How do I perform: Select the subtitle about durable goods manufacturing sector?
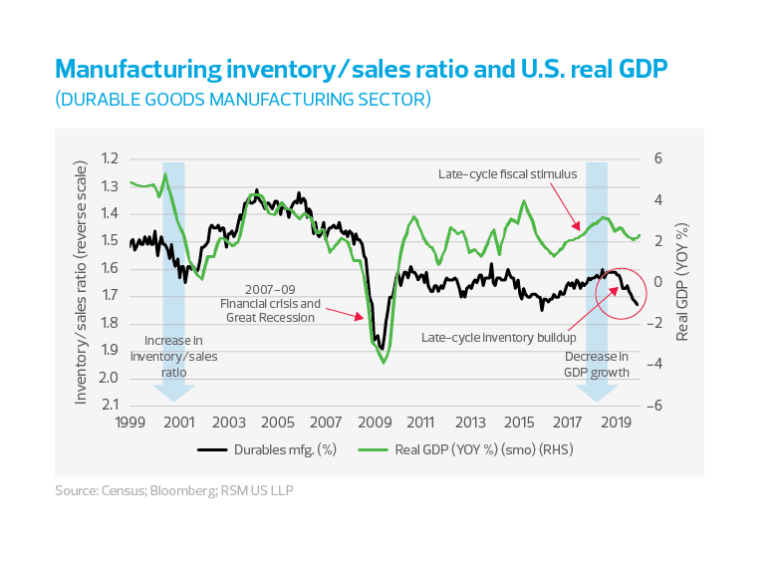pyautogui.click(x=243, y=100)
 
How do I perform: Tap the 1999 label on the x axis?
pyautogui.click(x=131, y=422)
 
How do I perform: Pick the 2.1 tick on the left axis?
pyautogui.click(x=109, y=405)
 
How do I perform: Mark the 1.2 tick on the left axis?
pyautogui.click(x=109, y=158)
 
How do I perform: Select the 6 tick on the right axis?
pyautogui.click(x=656, y=158)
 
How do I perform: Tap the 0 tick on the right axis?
pyautogui.click(x=656, y=282)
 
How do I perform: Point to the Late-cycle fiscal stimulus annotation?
pyautogui.click(x=507, y=173)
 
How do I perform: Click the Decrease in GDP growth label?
pyautogui.click(x=597, y=364)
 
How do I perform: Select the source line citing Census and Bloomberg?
pyautogui.click(x=174, y=490)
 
